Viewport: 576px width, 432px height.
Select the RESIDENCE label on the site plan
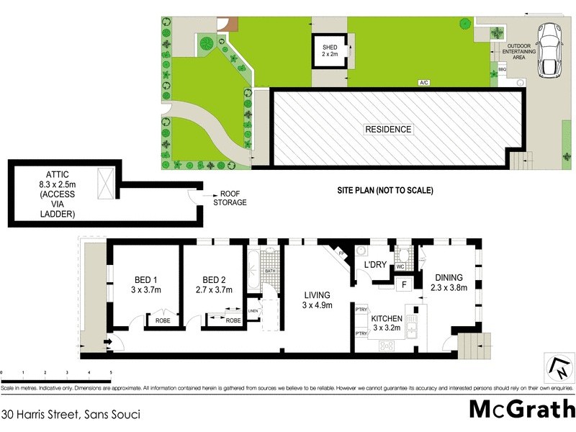point(388,130)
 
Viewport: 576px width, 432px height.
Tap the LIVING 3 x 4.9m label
point(317,300)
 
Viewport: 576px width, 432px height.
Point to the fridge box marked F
point(404,284)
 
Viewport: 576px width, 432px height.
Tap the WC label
point(401,267)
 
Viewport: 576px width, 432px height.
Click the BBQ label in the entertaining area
point(502,70)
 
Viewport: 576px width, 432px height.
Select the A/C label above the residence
point(424,83)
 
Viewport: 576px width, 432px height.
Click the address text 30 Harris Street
point(70,414)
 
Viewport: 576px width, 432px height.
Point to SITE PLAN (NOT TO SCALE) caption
point(384,191)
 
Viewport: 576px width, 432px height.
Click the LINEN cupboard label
point(253,310)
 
